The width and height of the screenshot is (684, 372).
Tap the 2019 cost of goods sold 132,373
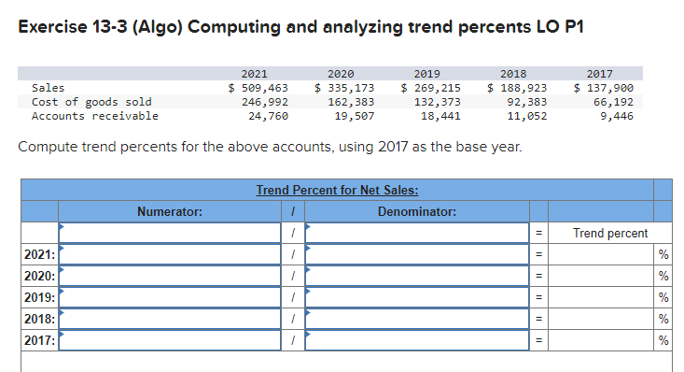click(x=436, y=102)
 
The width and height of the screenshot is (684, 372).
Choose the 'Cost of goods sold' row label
click(x=91, y=102)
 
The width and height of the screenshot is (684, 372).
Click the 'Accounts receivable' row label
click(x=94, y=116)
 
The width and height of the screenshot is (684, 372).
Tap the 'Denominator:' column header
click(x=417, y=212)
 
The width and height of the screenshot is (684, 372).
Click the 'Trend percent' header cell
click(x=609, y=233)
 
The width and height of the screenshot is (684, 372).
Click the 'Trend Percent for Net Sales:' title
click(x=337, y=191)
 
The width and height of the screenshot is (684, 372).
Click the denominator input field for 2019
click(x=417, y=297)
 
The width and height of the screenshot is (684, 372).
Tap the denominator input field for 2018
click(x=417, y=319)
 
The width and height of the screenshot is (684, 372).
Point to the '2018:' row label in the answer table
click(x=40, y=319)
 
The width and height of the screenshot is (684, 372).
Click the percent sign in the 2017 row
click(x=663, y=340)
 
